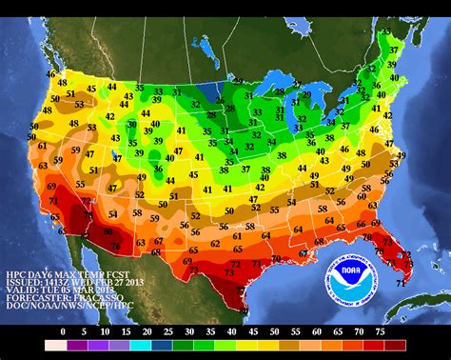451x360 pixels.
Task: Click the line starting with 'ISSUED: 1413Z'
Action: pyautogui.click(x=57, y=284)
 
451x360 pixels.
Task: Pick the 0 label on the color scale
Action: pyautogui.click(x=64, y=331)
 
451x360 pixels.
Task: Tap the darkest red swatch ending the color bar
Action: pyautogui.click(x=395, y=345)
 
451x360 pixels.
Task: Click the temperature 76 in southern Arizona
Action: pyautogui.click(x=115, y=247)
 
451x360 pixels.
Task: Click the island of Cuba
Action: pyautogui.click(x=419, y=307)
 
